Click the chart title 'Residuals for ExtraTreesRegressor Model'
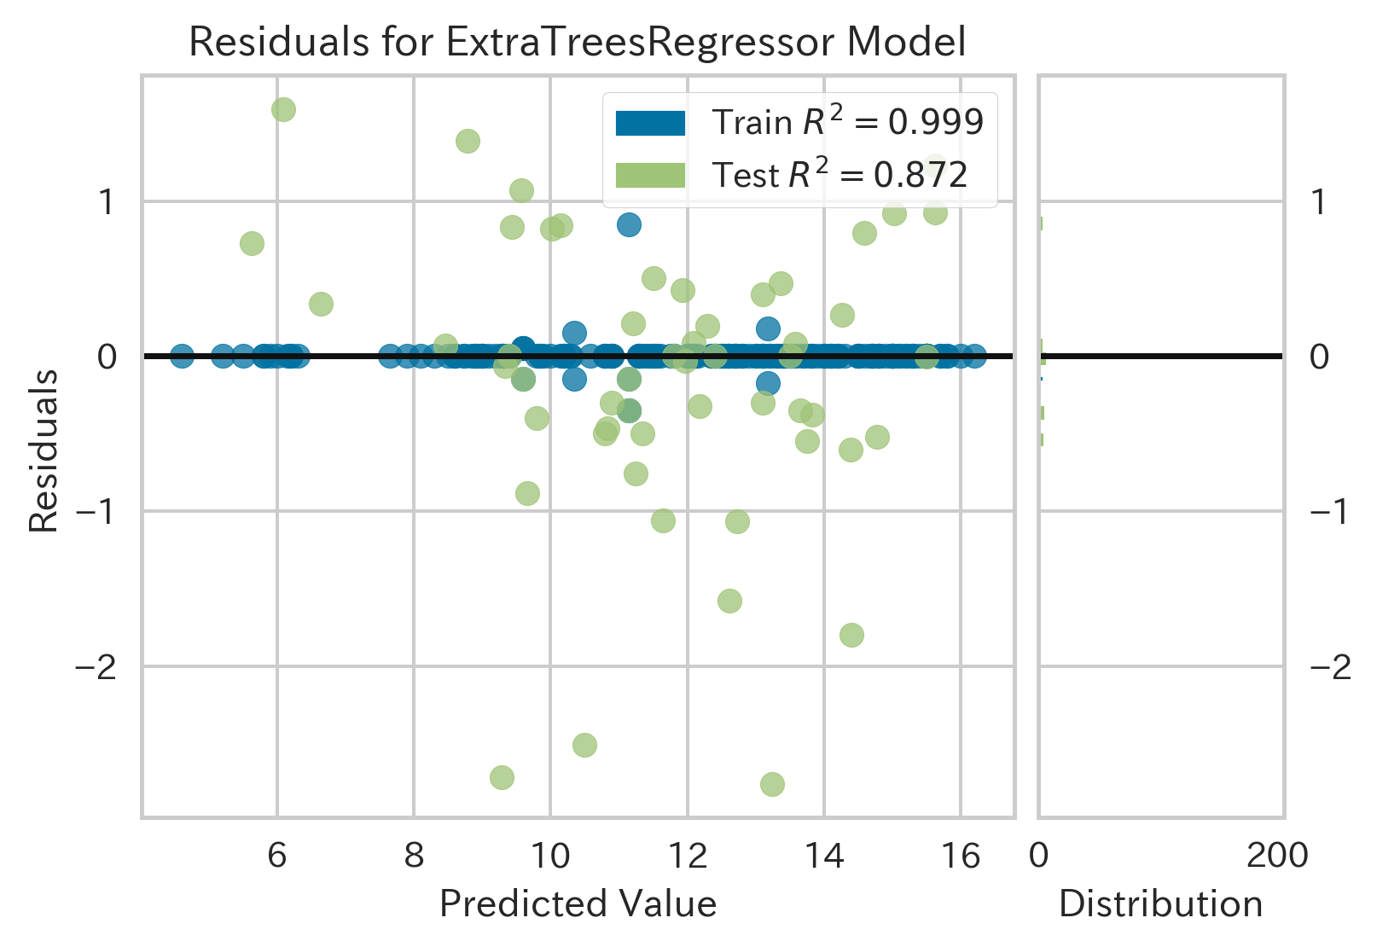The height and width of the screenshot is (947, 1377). (x=578, y=41)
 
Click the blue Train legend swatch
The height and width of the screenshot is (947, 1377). (x=650, y=123)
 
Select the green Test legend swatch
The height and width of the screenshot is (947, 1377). (x=650, y=175)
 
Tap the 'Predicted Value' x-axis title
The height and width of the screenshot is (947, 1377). (x=578, y=903)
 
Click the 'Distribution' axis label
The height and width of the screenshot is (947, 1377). (x=1160, y=903)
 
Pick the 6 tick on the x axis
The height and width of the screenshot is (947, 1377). (x=277, y=854)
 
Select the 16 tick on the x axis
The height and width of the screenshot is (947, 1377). (x=962, y=854)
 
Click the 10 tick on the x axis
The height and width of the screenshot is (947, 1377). (x=550, y=854)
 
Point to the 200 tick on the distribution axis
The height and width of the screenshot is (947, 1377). (x=1276, y=854)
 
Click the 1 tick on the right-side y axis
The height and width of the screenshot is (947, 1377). (x=1319, y=202)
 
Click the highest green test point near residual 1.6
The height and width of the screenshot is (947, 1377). (x=283, y=109)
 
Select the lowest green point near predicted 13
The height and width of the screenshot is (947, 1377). (x=772, y=784)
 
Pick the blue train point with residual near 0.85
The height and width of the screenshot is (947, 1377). (x=629, y=225)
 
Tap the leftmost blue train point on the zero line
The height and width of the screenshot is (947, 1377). (x=182, y=356)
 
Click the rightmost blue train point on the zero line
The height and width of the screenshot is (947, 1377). (x=975, y=356)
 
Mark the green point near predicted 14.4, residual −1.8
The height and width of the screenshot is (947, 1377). (x=851, y=635)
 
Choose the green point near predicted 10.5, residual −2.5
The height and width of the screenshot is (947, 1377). (x=584, y=745)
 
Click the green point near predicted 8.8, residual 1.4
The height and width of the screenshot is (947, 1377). (x=468, y=141)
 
